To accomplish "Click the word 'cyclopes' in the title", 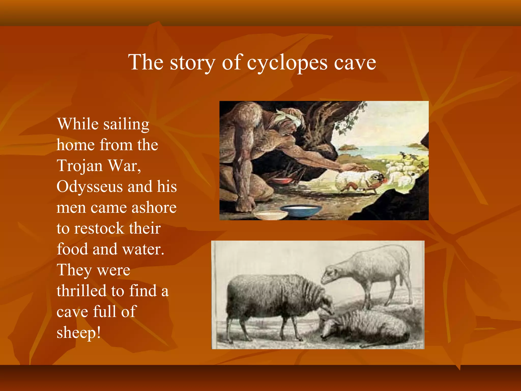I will click(287, 63).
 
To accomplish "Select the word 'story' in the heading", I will click(193, 63).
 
